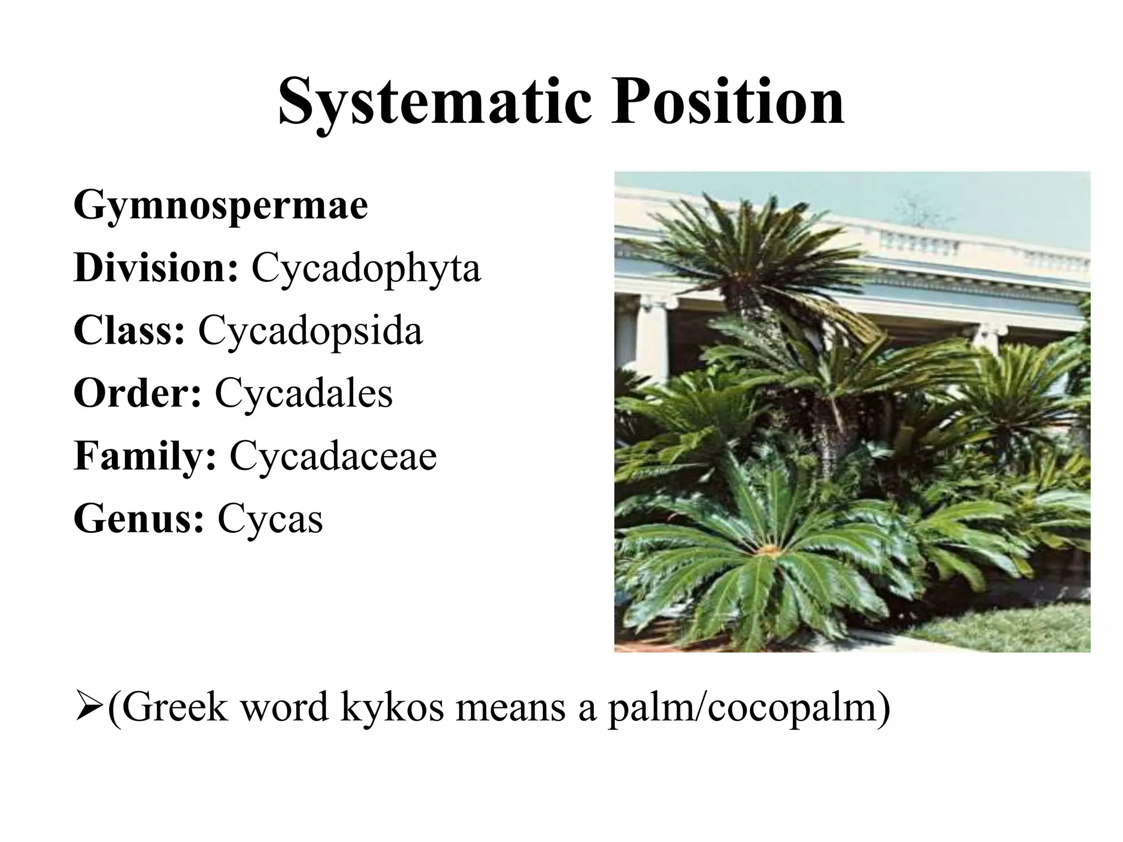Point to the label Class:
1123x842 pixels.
pyautogui.click(x=129, y=331)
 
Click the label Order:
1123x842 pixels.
pyautogui.click(x=138, y=393)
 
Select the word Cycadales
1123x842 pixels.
pyautogui.click(x=304, y=394)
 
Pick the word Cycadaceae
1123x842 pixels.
pyautogui.click(x=333, y=456)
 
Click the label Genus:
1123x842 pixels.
pyautogui.click(x=139, y=519)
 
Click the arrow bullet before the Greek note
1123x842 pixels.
pyautogui.click(x=89, y=708)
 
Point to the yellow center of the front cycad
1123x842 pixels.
pyautogui.click(x=770, y=550)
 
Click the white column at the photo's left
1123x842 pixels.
pyautogui.click(x=650, y=334)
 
